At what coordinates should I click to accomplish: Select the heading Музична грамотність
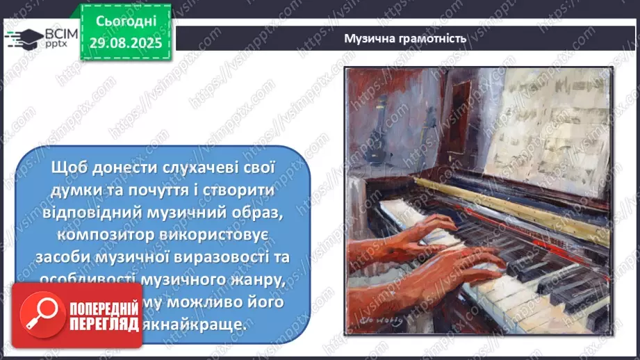pyautogui.click(x=404, y=38)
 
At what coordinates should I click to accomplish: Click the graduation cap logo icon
pyautogui.click(x=23, y=36)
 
